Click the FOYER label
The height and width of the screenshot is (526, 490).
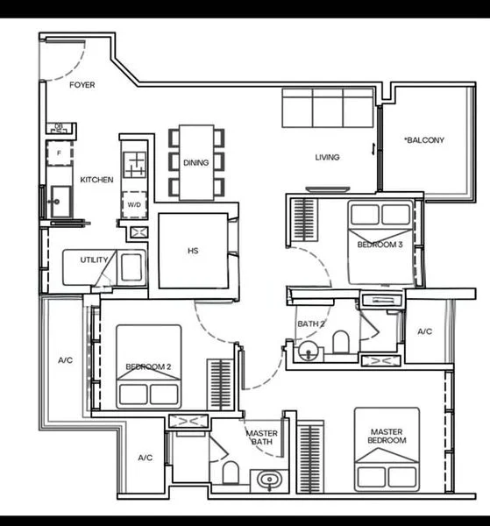click(82, 85)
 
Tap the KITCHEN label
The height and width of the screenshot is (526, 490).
click(96, 180)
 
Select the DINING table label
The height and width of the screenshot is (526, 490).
click(195, 162)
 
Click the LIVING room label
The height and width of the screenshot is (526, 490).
click(328, 158)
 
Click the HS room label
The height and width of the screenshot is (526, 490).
click(193, 251)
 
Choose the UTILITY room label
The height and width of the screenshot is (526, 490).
click(94, 260)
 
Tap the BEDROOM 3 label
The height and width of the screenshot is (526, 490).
click(380, 245)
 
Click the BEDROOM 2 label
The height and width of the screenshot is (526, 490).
click(147, 366)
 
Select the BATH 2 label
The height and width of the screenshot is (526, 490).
click(311, 324)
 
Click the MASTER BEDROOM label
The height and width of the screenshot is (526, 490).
click(387, 436)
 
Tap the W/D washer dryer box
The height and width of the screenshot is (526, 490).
click(134, 204)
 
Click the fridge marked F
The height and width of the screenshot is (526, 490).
click(60, 153)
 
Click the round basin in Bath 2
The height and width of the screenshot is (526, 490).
click(308, 352)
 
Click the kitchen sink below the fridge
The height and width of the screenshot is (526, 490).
click(59, 202)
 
